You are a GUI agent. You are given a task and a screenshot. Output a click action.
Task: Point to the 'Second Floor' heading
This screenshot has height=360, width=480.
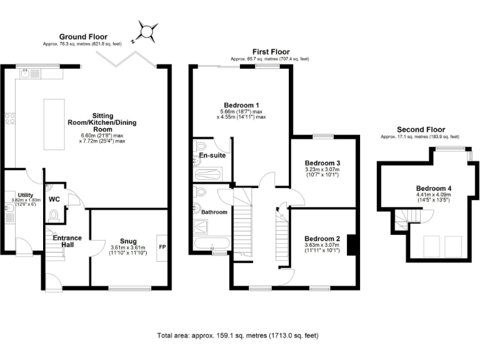(419, 129)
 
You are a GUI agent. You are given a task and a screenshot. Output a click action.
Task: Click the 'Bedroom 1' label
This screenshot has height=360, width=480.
(241, 104)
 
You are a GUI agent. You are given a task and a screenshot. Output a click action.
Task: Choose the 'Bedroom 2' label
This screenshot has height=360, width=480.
(322, 238)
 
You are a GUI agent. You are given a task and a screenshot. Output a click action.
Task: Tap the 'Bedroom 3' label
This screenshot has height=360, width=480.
(322, 162)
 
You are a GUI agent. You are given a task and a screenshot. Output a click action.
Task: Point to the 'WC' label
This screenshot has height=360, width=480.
(54, 199)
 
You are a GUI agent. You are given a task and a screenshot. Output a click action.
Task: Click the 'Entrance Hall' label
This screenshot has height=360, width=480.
(67, 241)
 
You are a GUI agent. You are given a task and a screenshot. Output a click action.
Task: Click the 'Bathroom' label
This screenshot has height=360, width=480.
(214, 212)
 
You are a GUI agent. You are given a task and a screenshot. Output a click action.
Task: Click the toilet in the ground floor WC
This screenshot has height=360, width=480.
(54, 216)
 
